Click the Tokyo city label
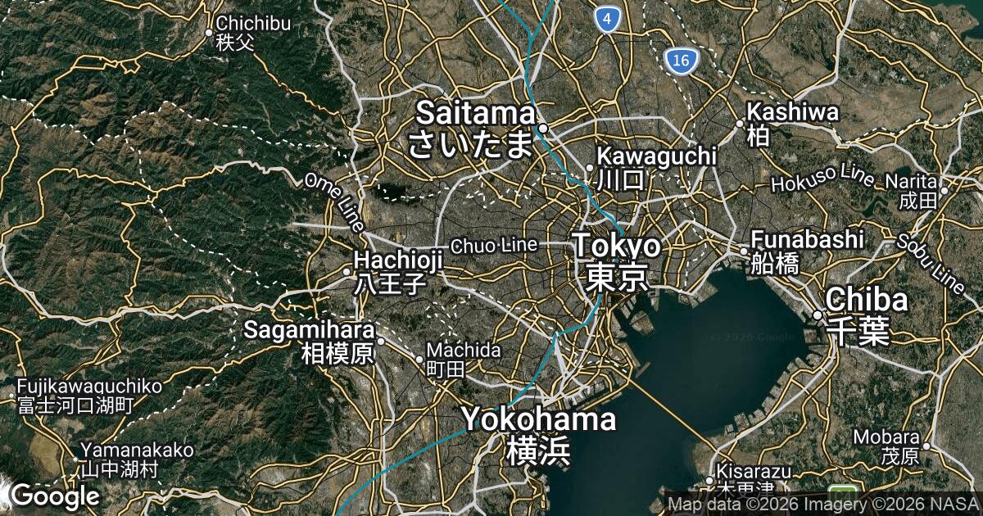(616, 260)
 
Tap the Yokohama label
(538, 434)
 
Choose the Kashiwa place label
(791, 123)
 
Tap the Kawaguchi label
(656, 166)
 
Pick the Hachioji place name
(398, 271)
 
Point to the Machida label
(463, 359)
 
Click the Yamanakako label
(137, 459)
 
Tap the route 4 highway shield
(606, 19)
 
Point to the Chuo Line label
(494, 244)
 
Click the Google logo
(54, 495)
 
